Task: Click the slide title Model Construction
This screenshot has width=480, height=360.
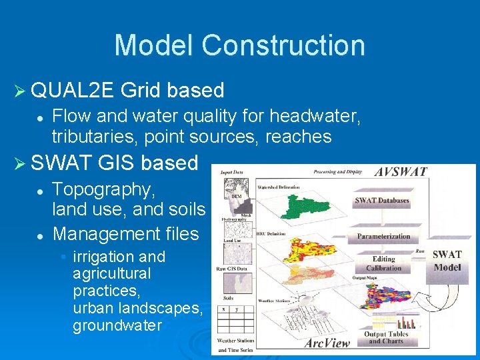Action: point(239,45)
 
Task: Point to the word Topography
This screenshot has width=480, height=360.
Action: point(104,189)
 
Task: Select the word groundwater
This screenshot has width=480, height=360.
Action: point(117,326)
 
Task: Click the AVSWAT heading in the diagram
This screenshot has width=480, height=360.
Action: point(400,171)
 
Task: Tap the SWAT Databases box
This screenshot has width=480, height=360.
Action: point(382,201)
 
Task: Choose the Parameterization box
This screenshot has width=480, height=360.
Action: point(383,236)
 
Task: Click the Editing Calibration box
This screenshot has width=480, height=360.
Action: point(383,263)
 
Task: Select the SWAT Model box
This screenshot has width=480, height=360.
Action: point(447,261)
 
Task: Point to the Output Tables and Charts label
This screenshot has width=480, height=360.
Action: point(386,337)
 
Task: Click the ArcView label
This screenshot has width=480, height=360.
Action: point(327,343)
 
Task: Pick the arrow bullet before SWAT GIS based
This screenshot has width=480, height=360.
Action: point(21,163)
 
